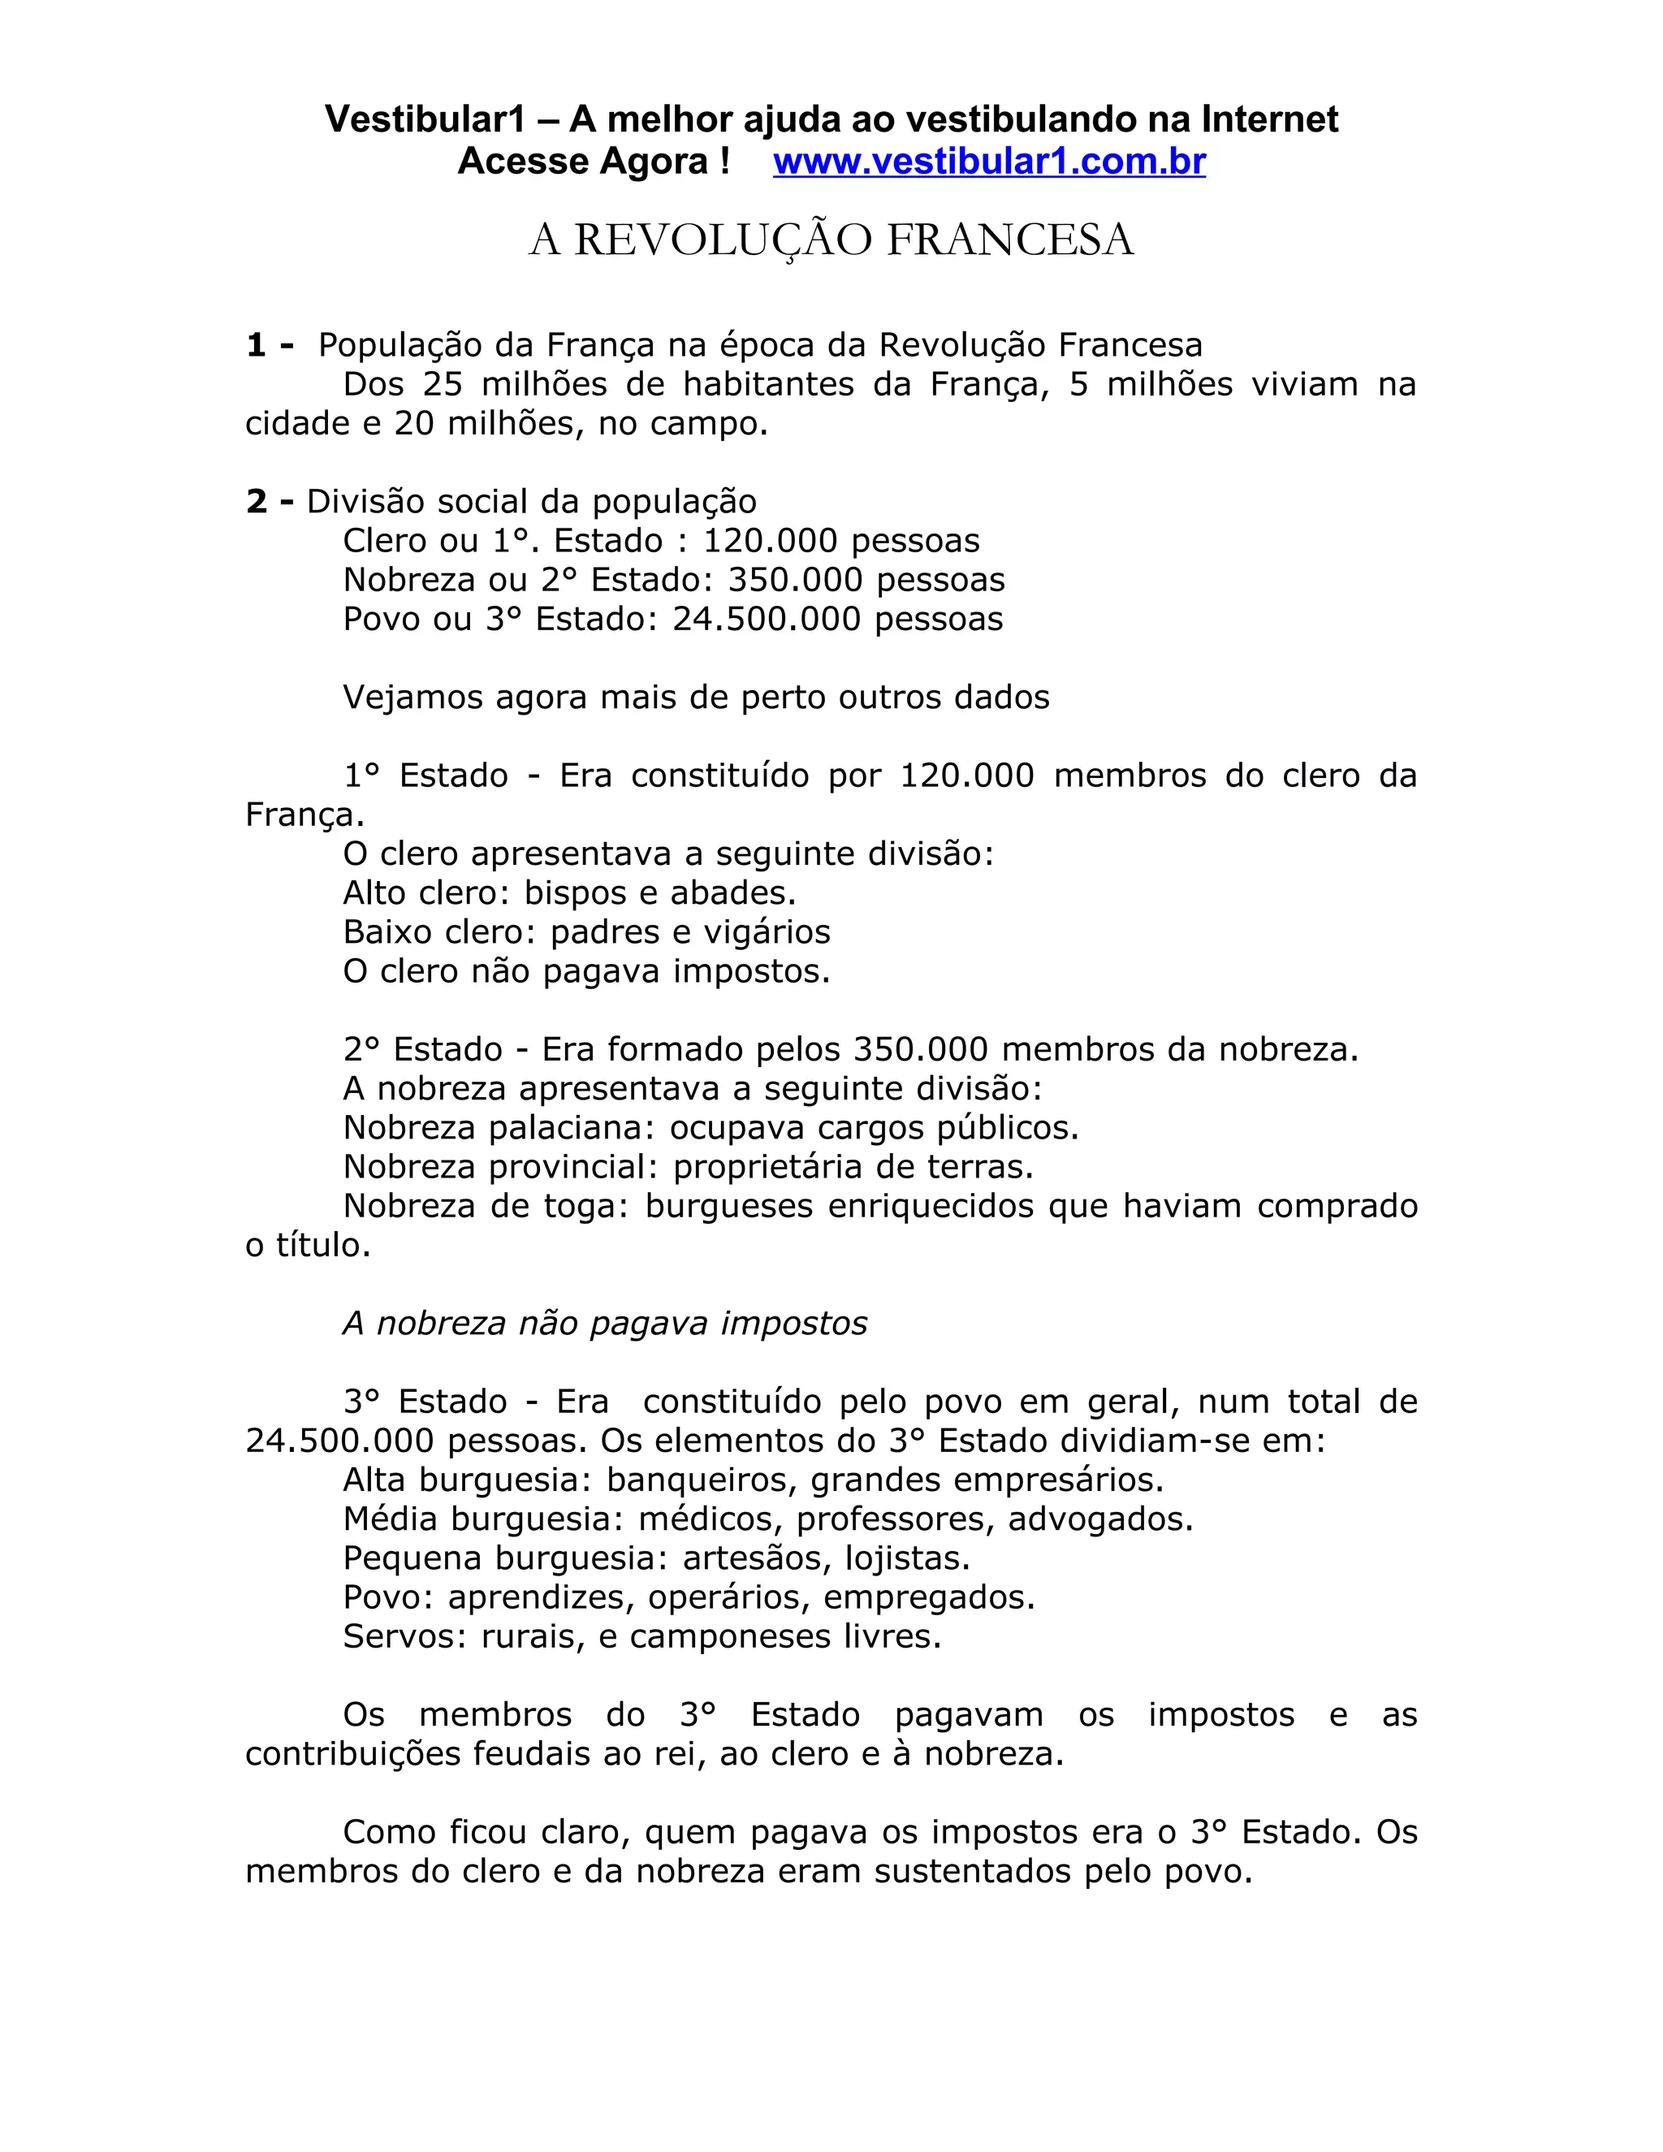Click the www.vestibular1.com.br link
(x=989, y=162)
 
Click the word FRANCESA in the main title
(x=1010, y=240)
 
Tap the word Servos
(x=403, y=1636)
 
